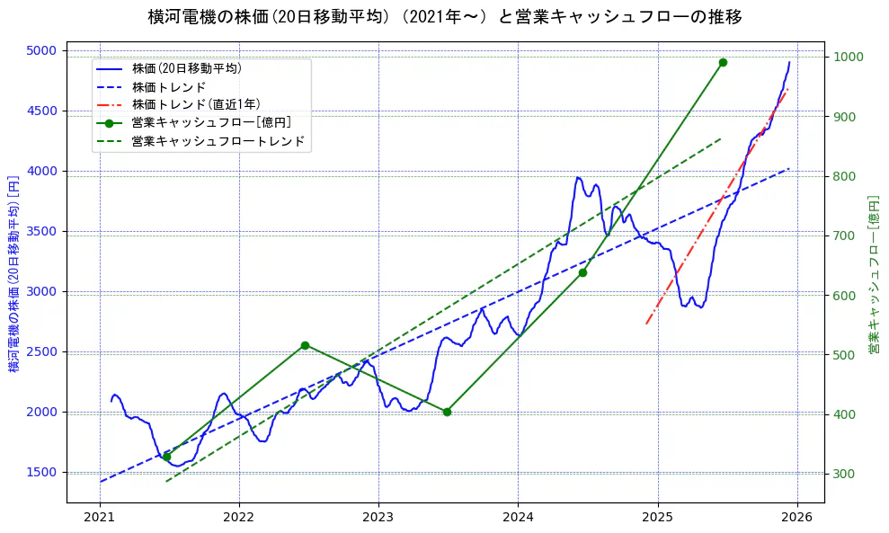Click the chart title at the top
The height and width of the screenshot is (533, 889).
[x=444, y=16]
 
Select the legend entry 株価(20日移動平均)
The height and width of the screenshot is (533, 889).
[x=186, y=68]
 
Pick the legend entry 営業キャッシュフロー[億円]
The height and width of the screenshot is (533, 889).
[x=210, y=122]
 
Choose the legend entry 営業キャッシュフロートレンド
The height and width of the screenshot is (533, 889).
[x=218, y=141]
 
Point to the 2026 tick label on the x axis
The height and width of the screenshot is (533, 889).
[x=797, y=518]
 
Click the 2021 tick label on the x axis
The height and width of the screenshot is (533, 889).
[x=100, y=518]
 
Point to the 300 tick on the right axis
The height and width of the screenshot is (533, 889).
[x=844, y=474]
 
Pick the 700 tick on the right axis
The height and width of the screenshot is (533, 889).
[x=844, y=235]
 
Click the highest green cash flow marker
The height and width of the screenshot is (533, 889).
[x=723, y=62]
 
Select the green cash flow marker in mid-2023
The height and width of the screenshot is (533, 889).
[x=447, y=412]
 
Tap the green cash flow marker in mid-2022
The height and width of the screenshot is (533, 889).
[x=305, y=345]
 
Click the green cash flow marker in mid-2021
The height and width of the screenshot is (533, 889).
[x=166, y=457]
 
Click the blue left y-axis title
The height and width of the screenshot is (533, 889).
[x=13, y=274]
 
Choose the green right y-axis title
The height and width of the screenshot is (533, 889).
[x=873, y=274]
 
